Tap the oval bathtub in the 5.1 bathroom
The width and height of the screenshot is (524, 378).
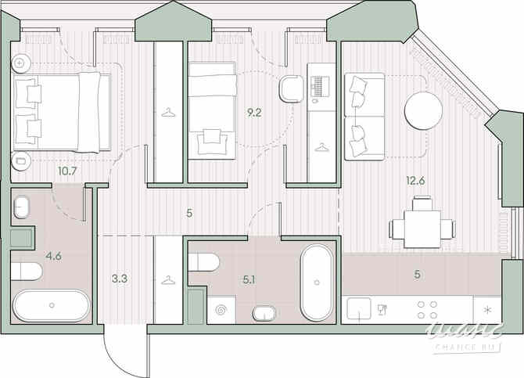pyautogui.click(x=317, y=282)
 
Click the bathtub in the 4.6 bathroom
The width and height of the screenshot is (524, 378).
pyautogui.click(x=52, y=305)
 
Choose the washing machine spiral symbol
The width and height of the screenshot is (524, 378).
pyautogui.click(x=221, y=312)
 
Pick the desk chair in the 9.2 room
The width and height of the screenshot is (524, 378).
pyautogui.click(x=293, y=88)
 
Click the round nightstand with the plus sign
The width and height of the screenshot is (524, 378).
pyautogui.click(x=20, y=61)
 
